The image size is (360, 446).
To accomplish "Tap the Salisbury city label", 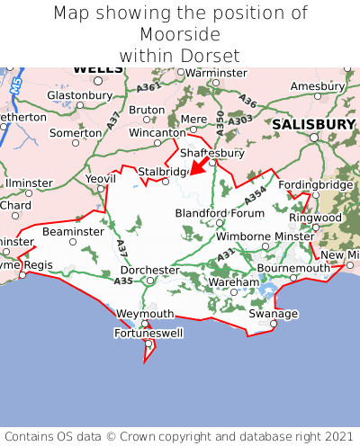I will (314, 123).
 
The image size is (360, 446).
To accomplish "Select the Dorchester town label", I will (149, 270).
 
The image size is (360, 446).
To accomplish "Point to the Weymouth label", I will (145, 314).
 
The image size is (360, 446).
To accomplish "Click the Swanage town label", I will (273, 314).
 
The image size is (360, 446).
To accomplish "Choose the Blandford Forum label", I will (220, 213).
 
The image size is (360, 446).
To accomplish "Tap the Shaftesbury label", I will (212, 153).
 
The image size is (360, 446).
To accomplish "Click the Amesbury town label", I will (318, 86).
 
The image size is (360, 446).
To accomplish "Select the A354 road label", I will (256, 196).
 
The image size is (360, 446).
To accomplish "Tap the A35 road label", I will (123, 281).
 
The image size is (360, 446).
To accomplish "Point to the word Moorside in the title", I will (180, 34).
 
